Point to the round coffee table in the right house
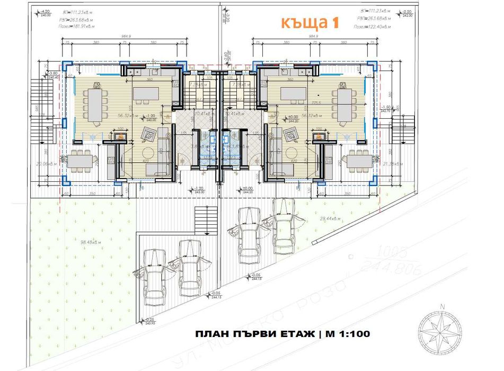(290, 154)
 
